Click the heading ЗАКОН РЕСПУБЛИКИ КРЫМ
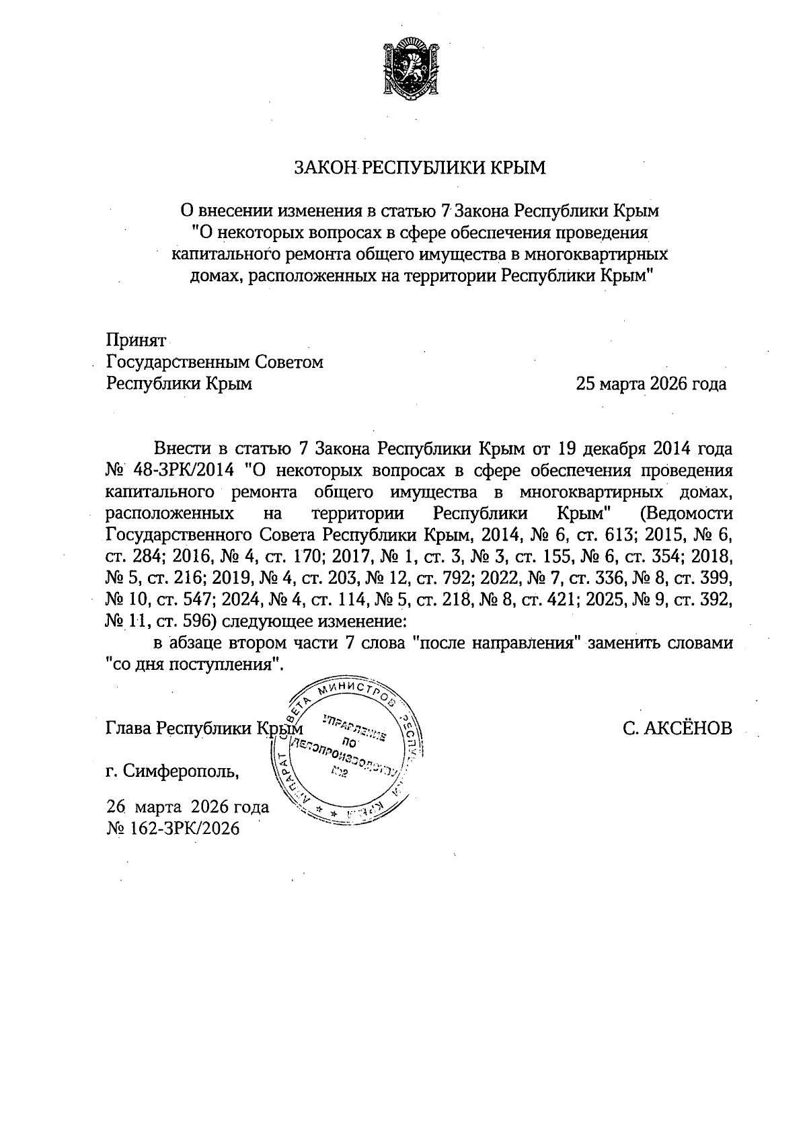pos(420,167)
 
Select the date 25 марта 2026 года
pos(650,384)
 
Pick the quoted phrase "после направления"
pos(495,642)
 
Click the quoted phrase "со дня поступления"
pos(192,664)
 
